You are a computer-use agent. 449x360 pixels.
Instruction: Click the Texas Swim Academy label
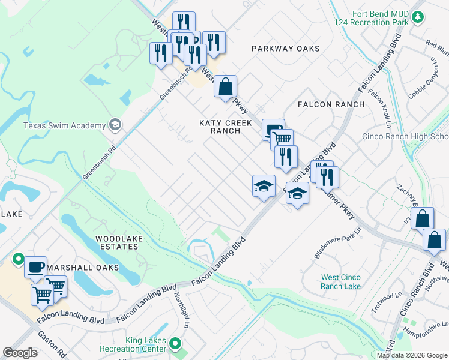coord(64,125)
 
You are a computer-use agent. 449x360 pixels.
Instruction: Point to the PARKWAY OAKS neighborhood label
coord(286,49)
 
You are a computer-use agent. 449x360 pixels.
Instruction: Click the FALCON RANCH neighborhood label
coord(331,104)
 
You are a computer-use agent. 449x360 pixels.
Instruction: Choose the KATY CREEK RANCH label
coord(220,127)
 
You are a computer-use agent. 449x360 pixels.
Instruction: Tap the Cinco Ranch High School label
coord(405,136)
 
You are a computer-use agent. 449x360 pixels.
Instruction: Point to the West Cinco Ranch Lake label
coord(341,281)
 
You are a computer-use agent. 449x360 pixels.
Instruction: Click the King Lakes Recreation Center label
coord(145,344)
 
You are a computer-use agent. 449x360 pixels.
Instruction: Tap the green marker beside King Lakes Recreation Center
coord(175,344)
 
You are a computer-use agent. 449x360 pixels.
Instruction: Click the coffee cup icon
coord(36,266)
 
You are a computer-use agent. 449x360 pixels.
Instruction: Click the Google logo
coord(20,353)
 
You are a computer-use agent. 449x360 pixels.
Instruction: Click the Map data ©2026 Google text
coord(411,355)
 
